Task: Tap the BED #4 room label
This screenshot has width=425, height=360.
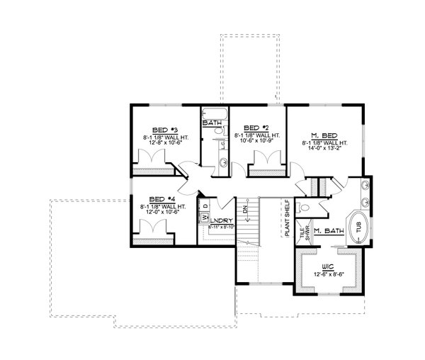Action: coord(157,199)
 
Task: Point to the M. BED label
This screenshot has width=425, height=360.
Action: coord(323,135)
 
